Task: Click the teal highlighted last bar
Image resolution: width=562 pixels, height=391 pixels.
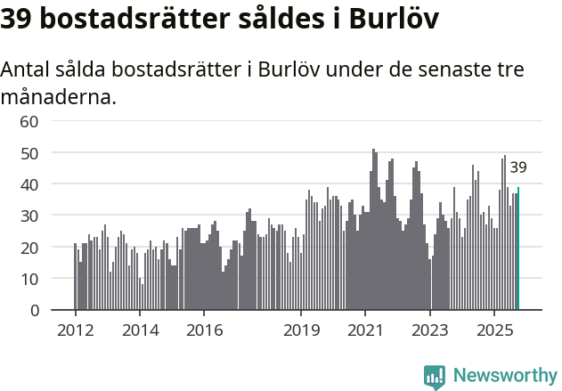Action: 518,248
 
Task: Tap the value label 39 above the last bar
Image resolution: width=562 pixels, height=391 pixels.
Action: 518,167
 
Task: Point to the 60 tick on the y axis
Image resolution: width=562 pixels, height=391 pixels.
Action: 29,121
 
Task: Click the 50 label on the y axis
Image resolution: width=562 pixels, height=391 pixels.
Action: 29,153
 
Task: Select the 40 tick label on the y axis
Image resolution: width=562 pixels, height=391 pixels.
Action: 29,184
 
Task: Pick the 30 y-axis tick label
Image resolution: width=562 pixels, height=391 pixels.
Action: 29,216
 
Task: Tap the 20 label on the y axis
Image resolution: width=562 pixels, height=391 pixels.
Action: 29,248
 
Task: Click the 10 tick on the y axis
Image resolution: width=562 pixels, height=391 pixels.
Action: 29,279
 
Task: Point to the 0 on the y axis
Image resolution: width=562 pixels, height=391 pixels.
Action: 35,311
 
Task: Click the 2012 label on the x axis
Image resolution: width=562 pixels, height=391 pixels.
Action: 75,330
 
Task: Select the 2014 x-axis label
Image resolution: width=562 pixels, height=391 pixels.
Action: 140,330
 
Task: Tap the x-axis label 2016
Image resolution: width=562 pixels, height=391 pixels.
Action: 204,330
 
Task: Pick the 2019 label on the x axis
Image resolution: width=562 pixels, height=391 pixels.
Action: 301,330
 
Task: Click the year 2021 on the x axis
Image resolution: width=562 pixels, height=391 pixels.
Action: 365,330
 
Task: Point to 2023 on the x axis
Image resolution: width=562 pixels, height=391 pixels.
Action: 430,330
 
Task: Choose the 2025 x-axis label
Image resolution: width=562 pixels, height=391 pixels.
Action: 494,330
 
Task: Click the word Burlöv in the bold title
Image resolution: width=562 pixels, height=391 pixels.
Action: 393,19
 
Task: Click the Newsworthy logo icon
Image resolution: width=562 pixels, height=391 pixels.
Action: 435,376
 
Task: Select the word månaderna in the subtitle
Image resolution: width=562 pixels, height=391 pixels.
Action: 59,96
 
